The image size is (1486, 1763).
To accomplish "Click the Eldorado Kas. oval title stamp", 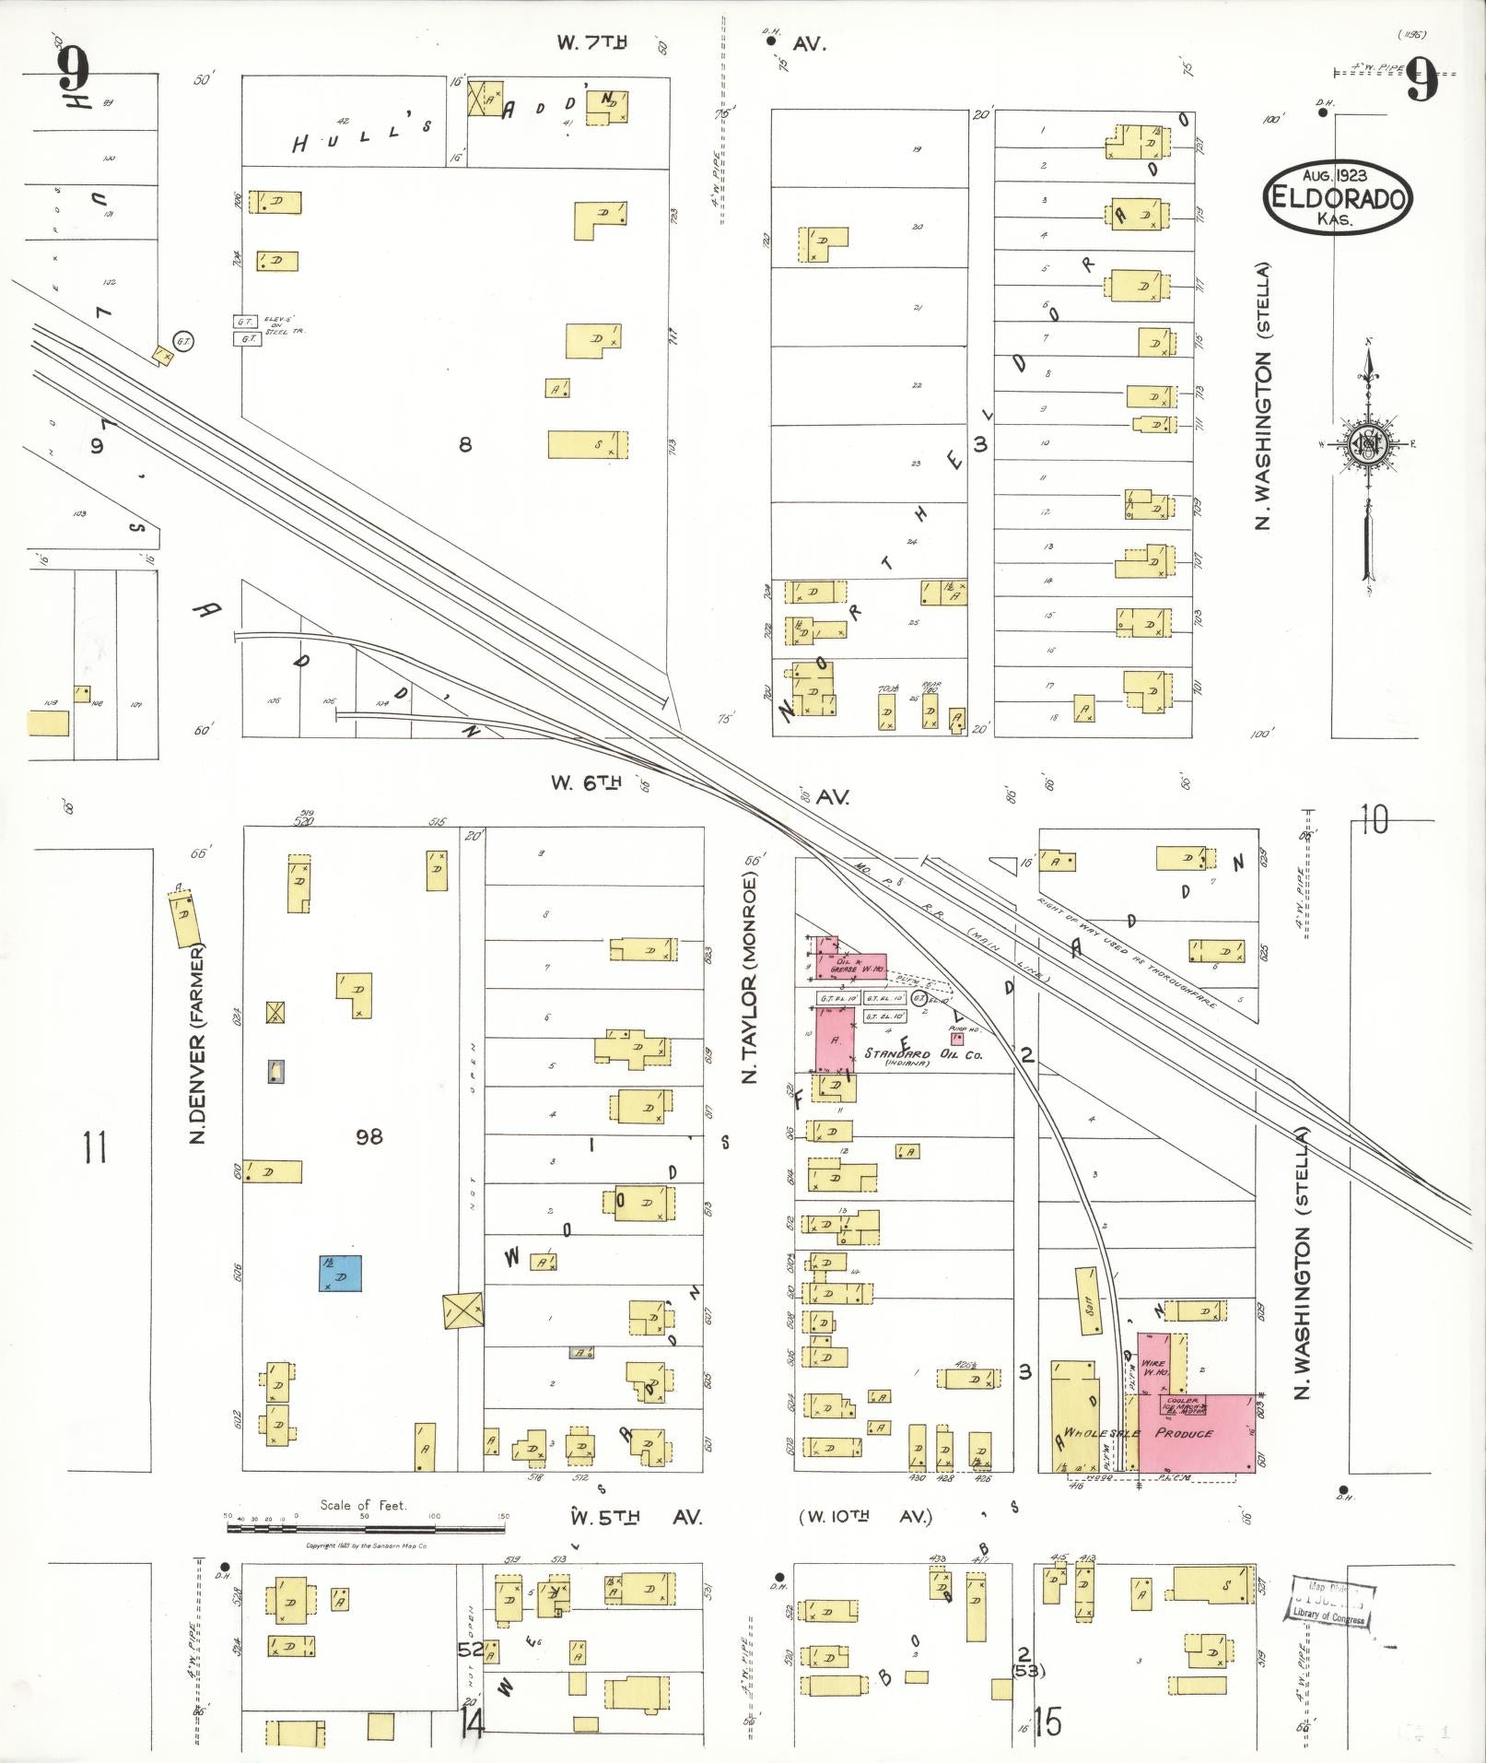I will pyautogui.click(x=1338, y=198).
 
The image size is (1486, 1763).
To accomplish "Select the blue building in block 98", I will pyautogui.click(x=340, y=1273).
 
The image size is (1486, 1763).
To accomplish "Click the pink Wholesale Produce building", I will pyautogui.click(x=1197, y=1444).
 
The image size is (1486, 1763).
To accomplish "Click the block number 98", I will pyautogui.click(x=369, y=1137).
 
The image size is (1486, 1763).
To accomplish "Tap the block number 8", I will pyautogui.click(x=465, y=445).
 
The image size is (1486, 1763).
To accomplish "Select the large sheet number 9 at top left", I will pyautogui.click(x=74, y=69).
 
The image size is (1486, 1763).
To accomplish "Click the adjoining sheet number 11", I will pyautogui.click(x=94, y=1148).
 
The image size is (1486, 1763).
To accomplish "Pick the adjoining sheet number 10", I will pyautogui.click(x=1373, y=819).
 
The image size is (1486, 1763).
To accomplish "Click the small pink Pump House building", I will pyautogui.click(x=957, y=1038).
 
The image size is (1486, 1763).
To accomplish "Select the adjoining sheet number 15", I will pyautogui.click(x=1048, y=1721).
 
